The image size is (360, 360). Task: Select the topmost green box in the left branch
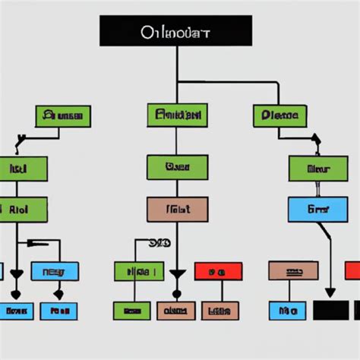click(63, 116)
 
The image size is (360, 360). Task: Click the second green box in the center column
click(177, 167)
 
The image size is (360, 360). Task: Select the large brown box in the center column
click(177, 210)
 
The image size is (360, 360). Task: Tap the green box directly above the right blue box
click(317, 169)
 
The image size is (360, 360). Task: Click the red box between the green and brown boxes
click(218, 271)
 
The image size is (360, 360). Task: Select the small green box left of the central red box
click(139, 271)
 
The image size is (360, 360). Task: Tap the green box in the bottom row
click(131, 310)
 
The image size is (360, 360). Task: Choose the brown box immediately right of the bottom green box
click(175, 310)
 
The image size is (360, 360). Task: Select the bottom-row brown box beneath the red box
click(219, 310)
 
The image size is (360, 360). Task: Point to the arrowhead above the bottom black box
click(330, 292)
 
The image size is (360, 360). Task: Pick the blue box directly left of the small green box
click(55, 271)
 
